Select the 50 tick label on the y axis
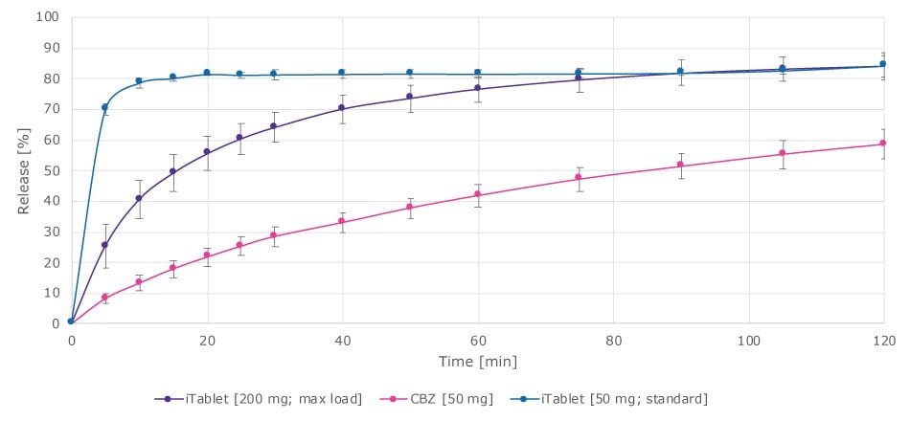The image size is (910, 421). point(50,170)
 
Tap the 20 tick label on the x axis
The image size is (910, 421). point(206,340)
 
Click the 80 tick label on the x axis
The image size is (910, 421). point(612,340)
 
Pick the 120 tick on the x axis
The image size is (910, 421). point(883,340)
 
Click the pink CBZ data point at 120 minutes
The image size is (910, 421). point(883,144)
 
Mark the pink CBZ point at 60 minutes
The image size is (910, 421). point(477,194)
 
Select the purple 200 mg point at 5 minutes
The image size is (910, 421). point(104,245)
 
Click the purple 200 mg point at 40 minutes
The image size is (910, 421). point(342,108)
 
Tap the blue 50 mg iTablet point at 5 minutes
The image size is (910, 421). point(104,107)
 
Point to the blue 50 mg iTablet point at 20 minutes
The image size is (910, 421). point(206,73)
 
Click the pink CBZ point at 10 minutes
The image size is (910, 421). point(139,282)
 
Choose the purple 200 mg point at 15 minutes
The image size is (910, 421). point(172,172)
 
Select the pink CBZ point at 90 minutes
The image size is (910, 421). point(680,166)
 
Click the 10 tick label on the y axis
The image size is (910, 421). point(50,293)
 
